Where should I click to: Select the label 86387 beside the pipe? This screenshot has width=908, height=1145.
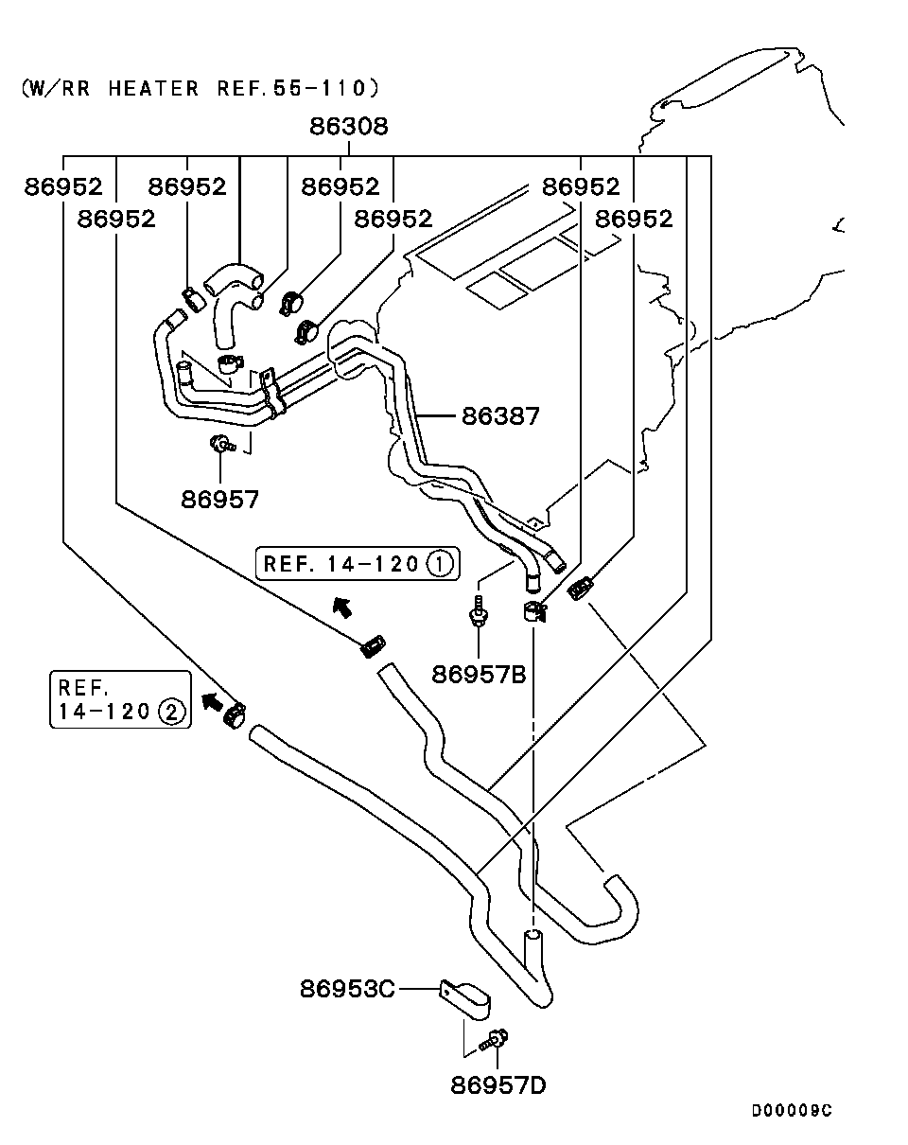tap(500, 415)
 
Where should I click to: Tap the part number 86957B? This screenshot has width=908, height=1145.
tap(480, 674)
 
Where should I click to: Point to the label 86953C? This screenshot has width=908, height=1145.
tap(347, 989)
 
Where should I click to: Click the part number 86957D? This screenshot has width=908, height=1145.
tap(498, 1084)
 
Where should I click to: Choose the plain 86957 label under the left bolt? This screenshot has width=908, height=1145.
tap(219, 499)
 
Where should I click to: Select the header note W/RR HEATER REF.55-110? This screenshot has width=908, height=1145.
tap(200, 89)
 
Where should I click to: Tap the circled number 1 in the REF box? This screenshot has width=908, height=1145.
tap(440, 564)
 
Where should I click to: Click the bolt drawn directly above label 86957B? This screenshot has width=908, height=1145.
tap(480, 611)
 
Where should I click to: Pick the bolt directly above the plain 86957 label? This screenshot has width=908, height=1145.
tap(221, 443)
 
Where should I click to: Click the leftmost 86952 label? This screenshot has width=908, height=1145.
tap(63, 186)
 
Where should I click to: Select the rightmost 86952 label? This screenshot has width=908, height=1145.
tap(634, 219)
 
